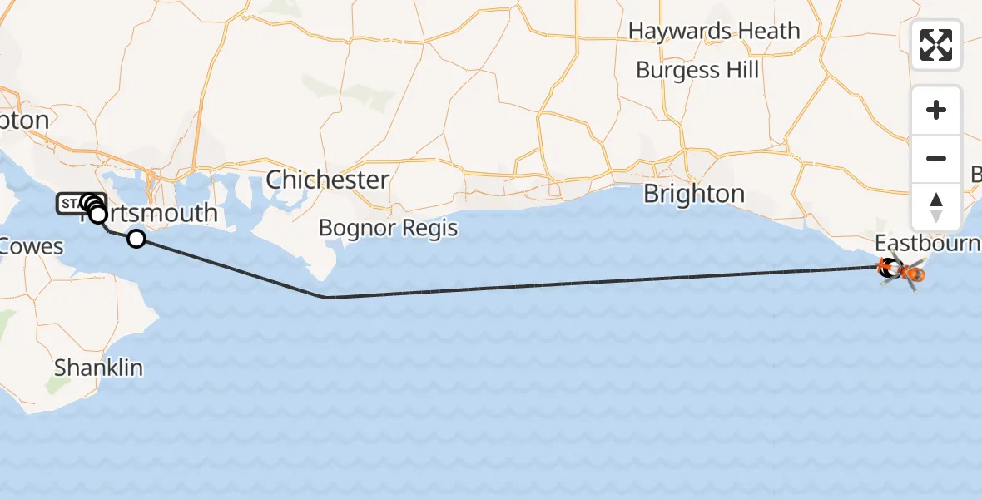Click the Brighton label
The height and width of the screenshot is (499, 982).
694,194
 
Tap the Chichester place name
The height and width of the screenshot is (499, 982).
327,180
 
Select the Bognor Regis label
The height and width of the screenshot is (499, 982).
388,227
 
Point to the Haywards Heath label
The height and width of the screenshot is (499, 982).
714,32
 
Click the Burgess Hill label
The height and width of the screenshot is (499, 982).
697,70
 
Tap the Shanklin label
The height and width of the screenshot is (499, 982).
98,368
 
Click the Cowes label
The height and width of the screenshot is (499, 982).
32,246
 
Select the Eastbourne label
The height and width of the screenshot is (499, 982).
927,244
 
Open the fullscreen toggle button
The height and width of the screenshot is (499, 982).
936,45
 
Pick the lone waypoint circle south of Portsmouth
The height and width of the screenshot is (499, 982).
136,240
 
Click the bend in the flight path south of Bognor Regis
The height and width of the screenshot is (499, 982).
329,297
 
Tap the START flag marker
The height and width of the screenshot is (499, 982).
69,203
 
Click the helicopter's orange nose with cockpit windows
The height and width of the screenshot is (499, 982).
917,274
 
